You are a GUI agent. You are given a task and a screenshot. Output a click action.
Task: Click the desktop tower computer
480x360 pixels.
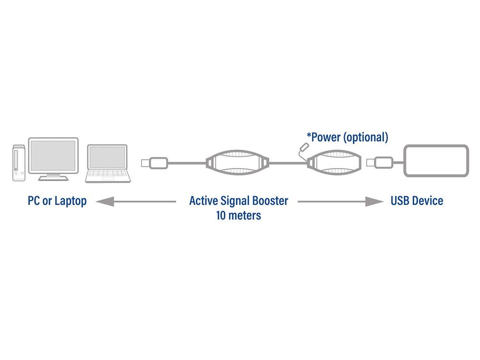(19, 163)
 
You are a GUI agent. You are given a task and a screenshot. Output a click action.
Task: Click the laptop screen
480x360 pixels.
(107, 157)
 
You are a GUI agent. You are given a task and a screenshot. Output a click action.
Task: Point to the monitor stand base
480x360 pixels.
(53, 178)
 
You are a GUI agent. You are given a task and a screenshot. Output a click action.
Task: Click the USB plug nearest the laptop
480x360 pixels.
(154, 163)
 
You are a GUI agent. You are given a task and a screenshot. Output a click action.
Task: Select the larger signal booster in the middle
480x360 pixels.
(238, 163)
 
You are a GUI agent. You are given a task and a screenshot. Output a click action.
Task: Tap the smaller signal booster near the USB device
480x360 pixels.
(334, 163)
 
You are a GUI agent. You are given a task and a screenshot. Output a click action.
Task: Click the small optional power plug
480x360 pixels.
(304, 146)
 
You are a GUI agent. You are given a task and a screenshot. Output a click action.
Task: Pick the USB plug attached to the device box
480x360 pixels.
(380, 163)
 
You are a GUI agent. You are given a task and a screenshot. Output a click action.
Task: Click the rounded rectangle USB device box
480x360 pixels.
(436, 161)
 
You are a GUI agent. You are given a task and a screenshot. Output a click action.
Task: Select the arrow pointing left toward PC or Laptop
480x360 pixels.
(136, 202)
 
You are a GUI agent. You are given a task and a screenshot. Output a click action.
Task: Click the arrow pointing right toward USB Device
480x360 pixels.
(340, 202)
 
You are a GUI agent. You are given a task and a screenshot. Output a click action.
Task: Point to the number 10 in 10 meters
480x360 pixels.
(221, 215)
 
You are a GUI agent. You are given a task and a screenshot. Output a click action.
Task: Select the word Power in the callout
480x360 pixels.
(326, 137)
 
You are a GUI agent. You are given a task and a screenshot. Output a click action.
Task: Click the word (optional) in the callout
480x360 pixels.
(366, 137)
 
